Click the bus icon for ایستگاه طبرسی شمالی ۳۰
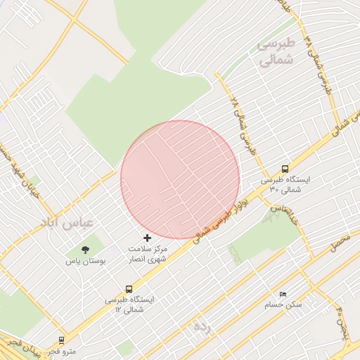(285, 169)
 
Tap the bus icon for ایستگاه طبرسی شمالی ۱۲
(129, 289)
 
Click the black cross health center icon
(147, 238)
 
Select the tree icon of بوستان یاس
(85, 250)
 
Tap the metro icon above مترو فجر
(61, 340)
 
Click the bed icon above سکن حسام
(283, 295)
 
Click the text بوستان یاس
(86, 261)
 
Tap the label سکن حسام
(283, 304)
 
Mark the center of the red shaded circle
(180, 179)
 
